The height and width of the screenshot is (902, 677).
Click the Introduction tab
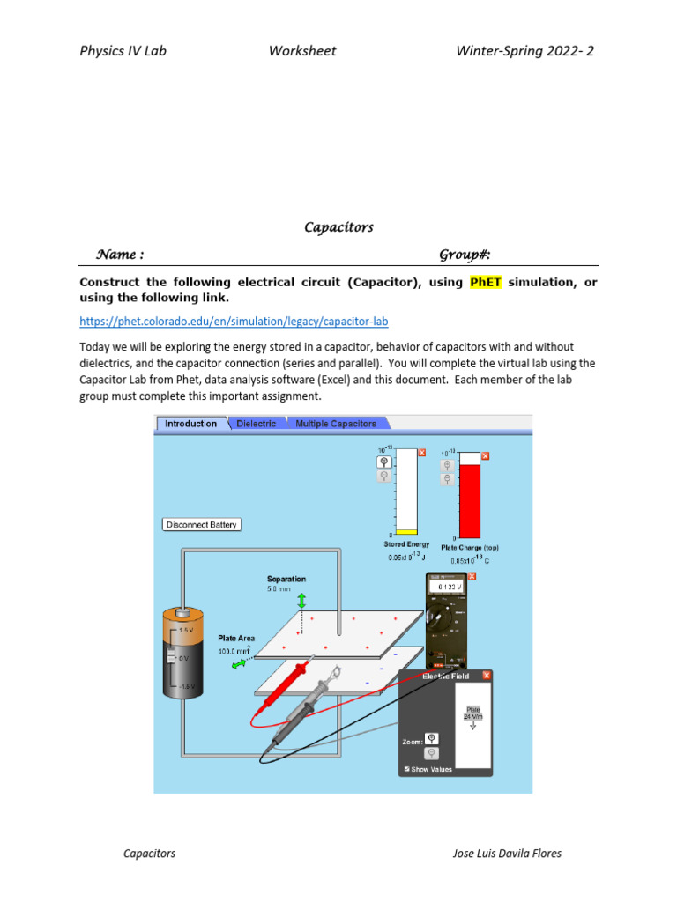tap(191, 424)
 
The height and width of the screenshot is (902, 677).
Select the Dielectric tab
tap(257, 424)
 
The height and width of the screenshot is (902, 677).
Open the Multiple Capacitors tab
tap(335, 424)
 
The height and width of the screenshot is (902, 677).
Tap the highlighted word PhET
tap(485, 282)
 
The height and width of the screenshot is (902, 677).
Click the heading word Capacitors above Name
tap(338, 227)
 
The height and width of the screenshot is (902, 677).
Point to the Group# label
tap(465, 255)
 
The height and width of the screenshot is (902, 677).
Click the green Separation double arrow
tap(301, 600)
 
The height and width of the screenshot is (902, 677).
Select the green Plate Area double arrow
tap(239, 665)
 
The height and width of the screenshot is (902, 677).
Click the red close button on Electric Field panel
tap(487, 676)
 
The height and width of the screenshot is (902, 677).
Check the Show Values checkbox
tap(406, 769)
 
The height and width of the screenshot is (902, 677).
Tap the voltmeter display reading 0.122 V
tap(447, 587)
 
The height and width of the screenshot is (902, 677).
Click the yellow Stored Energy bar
tap(406, 532)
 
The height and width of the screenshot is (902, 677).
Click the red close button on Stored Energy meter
tap(422, 453)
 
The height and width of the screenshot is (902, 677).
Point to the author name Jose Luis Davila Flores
tap(506, 853)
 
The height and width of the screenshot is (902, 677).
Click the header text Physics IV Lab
tap(123, 50)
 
